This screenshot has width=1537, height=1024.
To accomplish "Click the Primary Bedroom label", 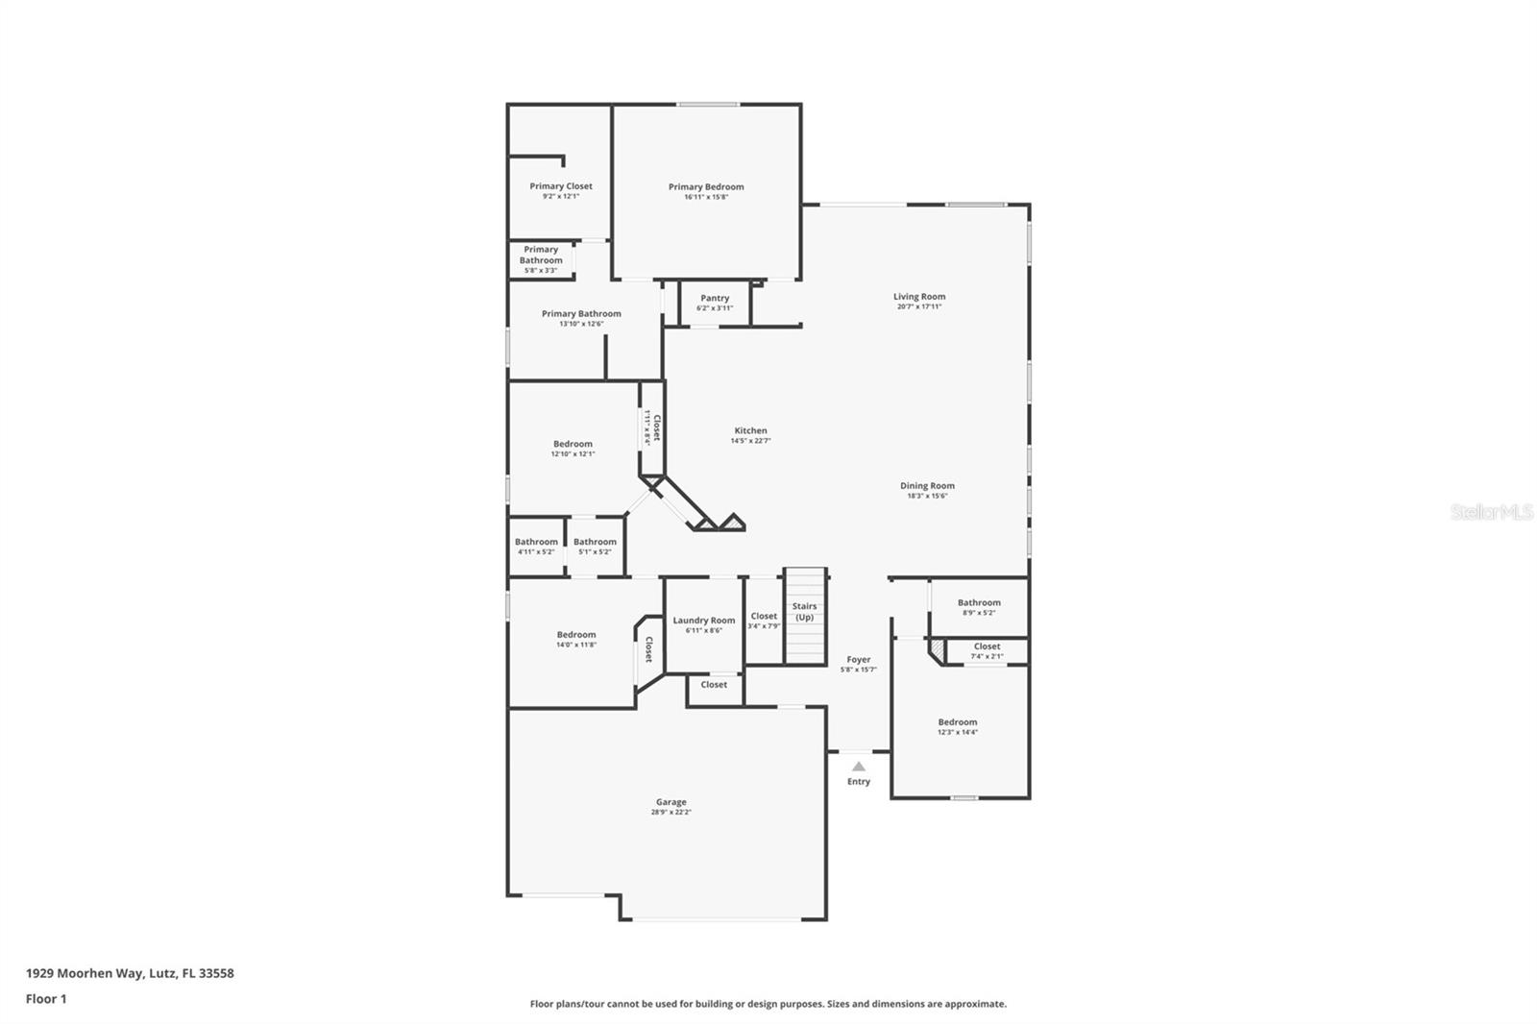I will click(706, 187).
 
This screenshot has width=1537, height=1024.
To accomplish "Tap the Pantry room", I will click(715, 303).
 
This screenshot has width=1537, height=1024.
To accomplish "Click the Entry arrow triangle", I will click(859, 767).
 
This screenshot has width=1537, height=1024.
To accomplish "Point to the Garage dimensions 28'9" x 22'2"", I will click(671, 813).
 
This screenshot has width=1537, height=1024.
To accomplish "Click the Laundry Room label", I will click(703, 621).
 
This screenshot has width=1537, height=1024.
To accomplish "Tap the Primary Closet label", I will click(561, 186).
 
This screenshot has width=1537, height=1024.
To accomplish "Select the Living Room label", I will click(919, 297).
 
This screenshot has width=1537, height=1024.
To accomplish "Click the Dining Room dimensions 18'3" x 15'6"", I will click(927, 497).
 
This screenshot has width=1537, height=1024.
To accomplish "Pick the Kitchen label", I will click(750, 431).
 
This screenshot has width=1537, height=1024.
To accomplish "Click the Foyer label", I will click(859, 660).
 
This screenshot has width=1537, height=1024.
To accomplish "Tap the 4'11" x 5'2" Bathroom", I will click(536, 547).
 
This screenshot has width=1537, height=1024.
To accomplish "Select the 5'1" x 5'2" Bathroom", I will click(595, 547).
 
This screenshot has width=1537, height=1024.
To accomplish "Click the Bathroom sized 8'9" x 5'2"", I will click(979, 607).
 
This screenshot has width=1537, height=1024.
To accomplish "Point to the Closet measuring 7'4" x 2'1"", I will click(987, 651).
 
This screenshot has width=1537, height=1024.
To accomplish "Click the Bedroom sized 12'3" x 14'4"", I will click(958, 727).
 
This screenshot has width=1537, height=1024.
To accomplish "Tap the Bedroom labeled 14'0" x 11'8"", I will click(576, 640).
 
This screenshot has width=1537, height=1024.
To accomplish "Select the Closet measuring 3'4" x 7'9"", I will click(764, 621).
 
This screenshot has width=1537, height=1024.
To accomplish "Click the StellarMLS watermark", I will click(1491, 513).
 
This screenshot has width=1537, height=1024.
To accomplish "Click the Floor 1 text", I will click(46, 999).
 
